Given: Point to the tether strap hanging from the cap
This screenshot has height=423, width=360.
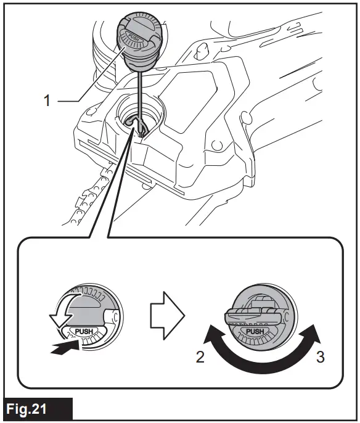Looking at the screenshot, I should pos(141,92).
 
